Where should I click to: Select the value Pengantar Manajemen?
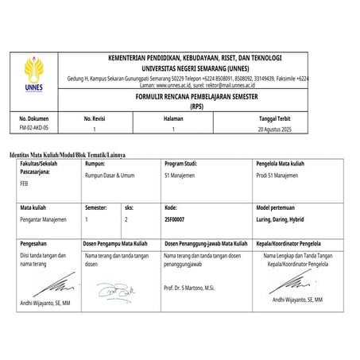44,217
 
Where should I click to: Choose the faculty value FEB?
24,182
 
